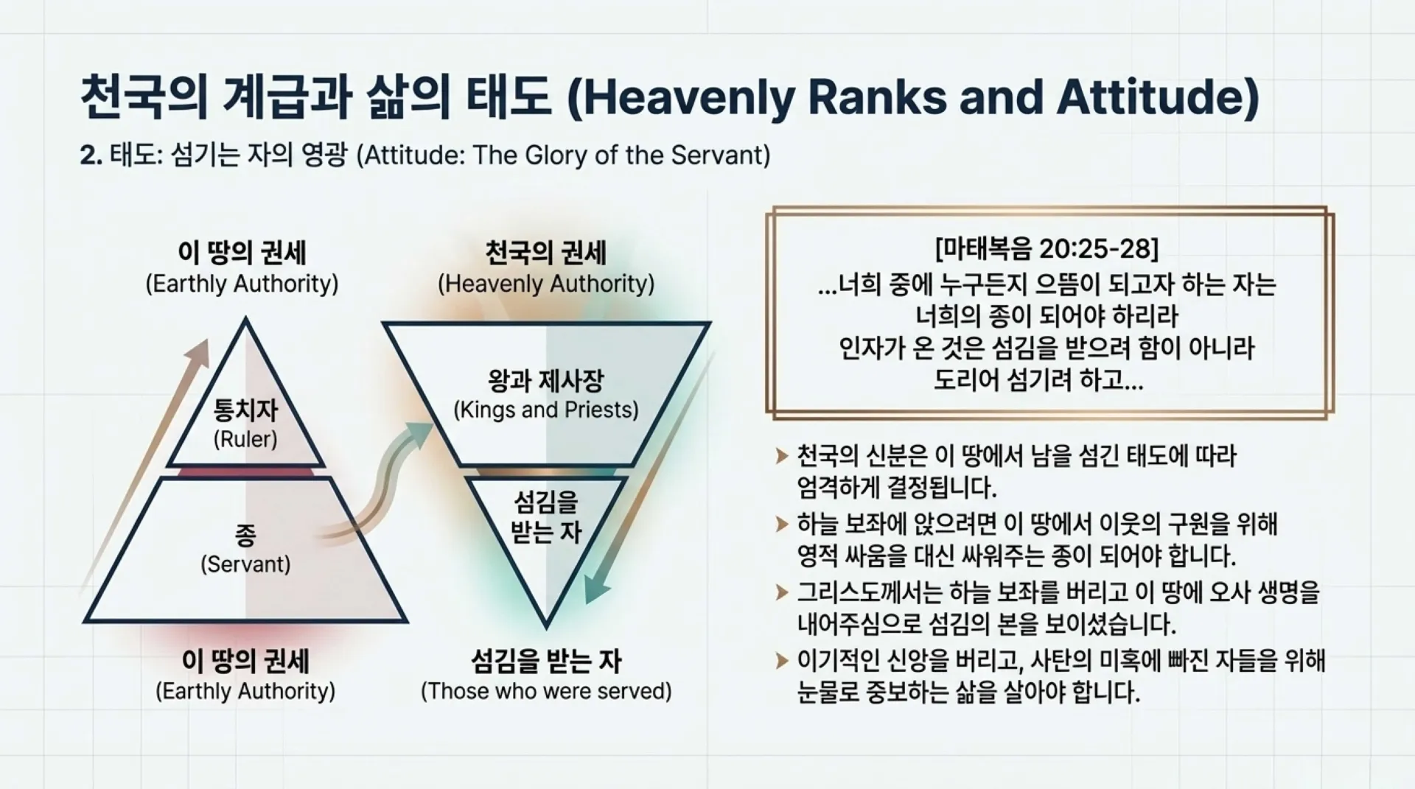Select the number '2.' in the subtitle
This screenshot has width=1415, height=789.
pos(91,155)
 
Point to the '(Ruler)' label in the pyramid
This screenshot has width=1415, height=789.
pos(245,440)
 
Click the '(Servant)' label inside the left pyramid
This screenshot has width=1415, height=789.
pos(245,564)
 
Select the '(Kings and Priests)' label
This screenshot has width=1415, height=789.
pos(546,410)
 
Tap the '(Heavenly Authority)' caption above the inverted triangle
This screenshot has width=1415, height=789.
pos(546,284)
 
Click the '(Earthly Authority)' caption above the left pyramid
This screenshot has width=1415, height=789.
pos(242,284)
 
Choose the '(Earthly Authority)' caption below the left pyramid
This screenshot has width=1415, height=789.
pos(245,691)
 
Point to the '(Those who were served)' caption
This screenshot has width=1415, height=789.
pos(546,691)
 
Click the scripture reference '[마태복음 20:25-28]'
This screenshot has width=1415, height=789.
pos(1047,249)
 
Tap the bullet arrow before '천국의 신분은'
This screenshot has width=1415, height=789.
pos(782,457)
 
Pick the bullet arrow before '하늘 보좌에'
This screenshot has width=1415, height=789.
pos(782,525)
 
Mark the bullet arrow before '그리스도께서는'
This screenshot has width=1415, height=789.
pos(782,592)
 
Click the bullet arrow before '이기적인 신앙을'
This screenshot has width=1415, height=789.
pos(782,660)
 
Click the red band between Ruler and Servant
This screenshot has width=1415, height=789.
pos(245,472)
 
